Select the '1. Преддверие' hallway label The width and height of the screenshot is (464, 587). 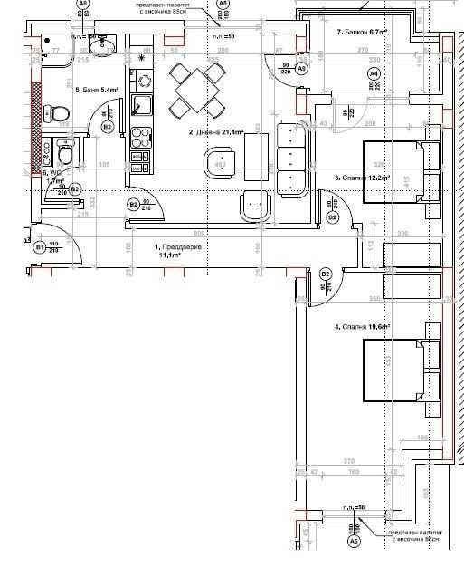pyautogui.click(x=170, y=251)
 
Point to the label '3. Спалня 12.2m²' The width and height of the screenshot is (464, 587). pyautogui.click(x=362, y=178)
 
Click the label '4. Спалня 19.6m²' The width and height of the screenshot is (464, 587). pyautogui.click(x=362, y=326)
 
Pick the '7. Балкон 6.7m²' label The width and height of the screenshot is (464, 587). pyautogui.click(x=362, y=32)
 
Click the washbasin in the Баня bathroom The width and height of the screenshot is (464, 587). pyautogui.click(x=100, y=42)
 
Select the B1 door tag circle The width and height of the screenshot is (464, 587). pyautogui.click(x=40, y=246)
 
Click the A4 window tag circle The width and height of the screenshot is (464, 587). pyautogui.click(x=374, y=72)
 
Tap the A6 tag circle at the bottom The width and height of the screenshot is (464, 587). pyautogui.click(x=355, y=541)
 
